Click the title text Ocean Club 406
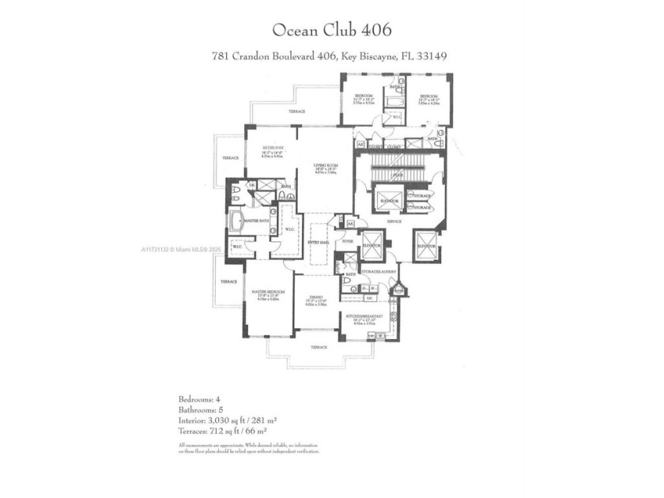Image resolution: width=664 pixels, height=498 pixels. point(331,30)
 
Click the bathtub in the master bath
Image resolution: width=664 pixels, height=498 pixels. point(236,221)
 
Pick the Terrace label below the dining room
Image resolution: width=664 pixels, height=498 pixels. point(319,347)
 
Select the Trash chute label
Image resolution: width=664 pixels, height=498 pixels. point(398,290)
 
